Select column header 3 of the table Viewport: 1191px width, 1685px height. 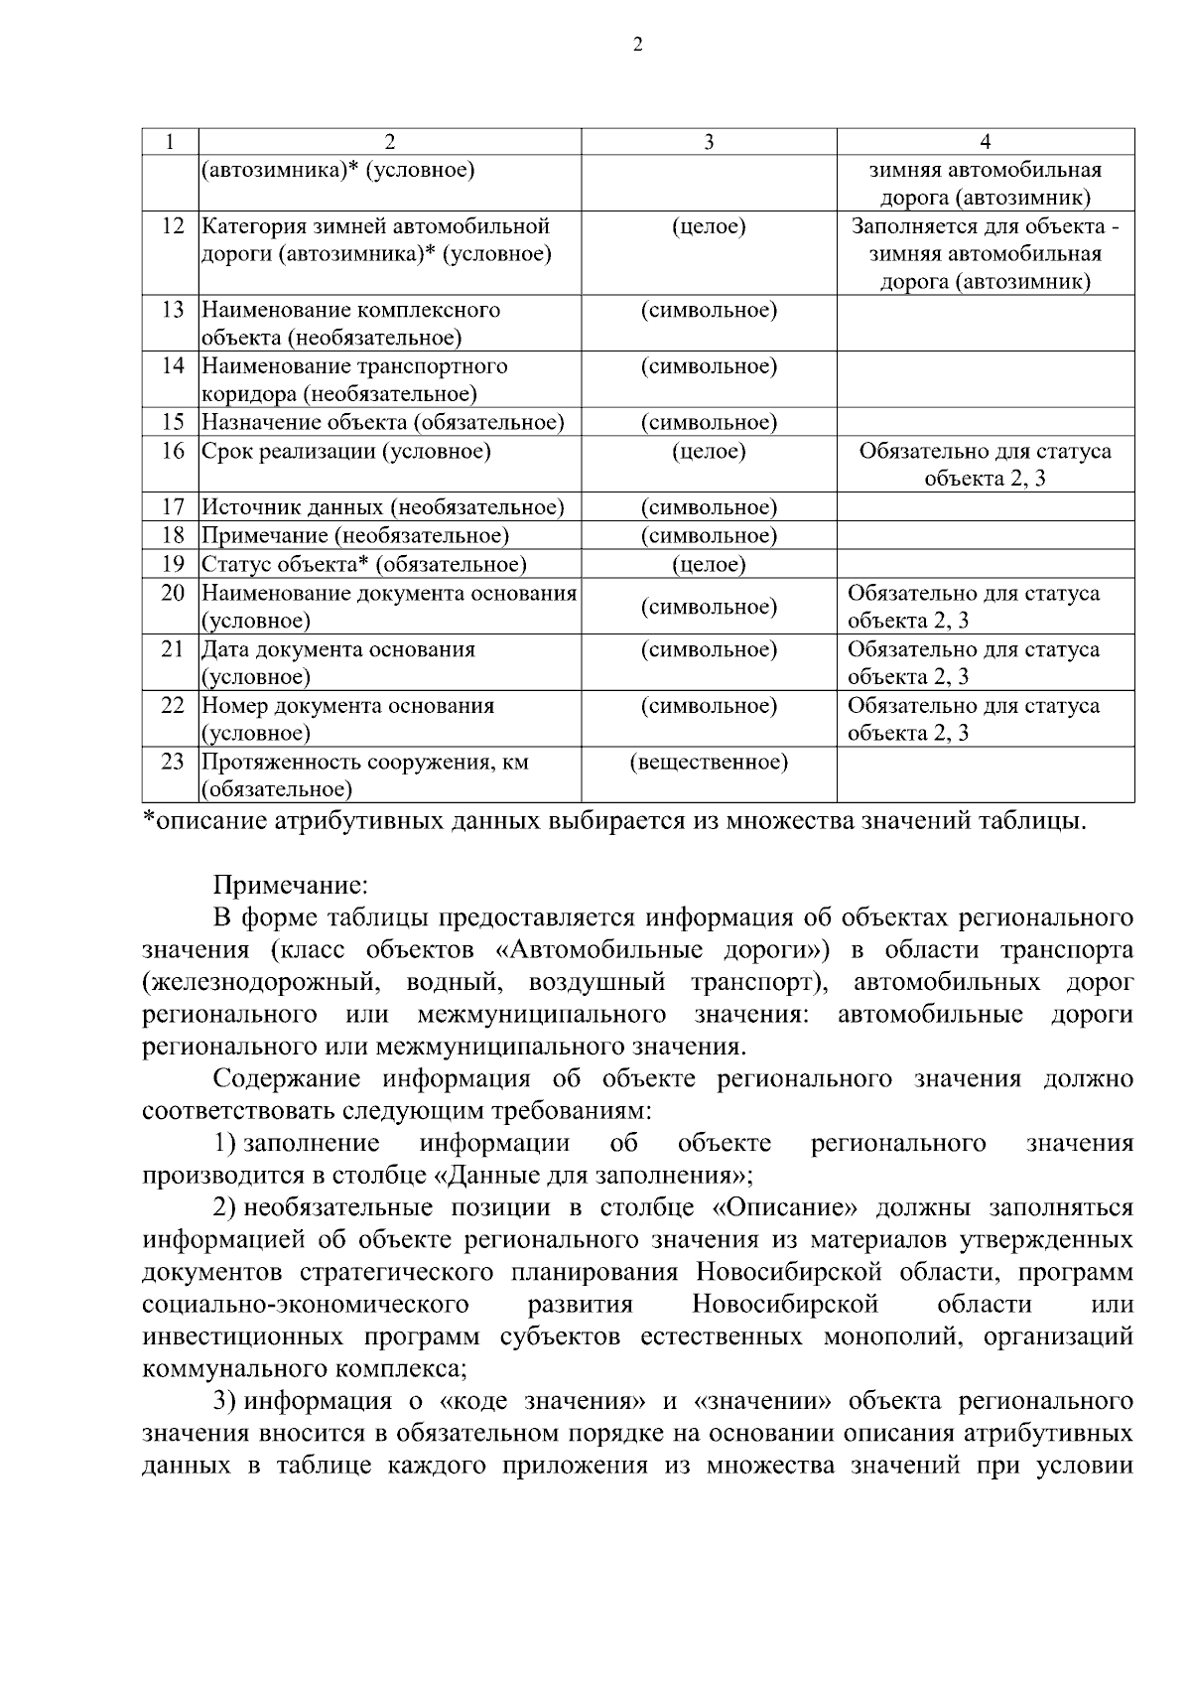(709, 142)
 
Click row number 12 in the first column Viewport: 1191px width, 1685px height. (173, 226)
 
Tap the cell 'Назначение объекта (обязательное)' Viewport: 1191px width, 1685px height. (383, 423)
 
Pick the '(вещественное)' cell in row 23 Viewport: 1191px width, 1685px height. (709, 763)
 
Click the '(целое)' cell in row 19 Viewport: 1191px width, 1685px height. (709, 565)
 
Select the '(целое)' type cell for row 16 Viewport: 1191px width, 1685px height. (709, 452)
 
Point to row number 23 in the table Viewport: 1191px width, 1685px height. (173, 763)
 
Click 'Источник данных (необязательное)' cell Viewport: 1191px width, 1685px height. (383, 508)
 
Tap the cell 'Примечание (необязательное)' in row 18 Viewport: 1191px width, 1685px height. (355, 536)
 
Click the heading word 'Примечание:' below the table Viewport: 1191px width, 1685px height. (291, 884)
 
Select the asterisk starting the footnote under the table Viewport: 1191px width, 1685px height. (149, 820)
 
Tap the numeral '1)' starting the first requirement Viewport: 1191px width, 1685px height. (225, 1144)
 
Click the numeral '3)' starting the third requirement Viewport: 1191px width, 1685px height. (225, 1402)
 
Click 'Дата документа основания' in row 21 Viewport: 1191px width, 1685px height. (338, 650)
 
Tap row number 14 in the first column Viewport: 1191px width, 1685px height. (173, 366)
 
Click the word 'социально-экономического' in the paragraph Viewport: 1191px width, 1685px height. (306, 1305)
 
